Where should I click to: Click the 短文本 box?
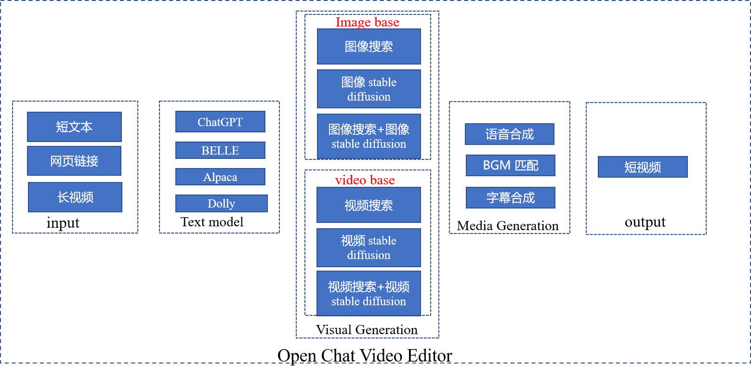(74, 127)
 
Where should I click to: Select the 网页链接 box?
(74, 161)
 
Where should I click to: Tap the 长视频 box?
(75, 197)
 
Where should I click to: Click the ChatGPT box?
(220, 122)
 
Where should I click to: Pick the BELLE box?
(220, 150)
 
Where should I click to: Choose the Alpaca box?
(220, 177)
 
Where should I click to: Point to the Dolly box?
(221, 203)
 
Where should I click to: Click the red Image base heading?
(368, 22)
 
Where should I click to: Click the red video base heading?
(365, 180)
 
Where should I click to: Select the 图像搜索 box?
(369, 46)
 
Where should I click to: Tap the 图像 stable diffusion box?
(369, 89)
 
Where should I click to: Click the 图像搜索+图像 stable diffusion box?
(369, 136)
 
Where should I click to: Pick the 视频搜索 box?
(369, 205)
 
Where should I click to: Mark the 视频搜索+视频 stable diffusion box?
(369, 293)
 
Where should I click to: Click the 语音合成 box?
(509, 134)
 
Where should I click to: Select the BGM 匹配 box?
(510, 165)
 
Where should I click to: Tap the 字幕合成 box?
(510, 197)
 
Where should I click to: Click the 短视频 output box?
(643, 167)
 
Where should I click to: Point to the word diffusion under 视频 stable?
(369, 255)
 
